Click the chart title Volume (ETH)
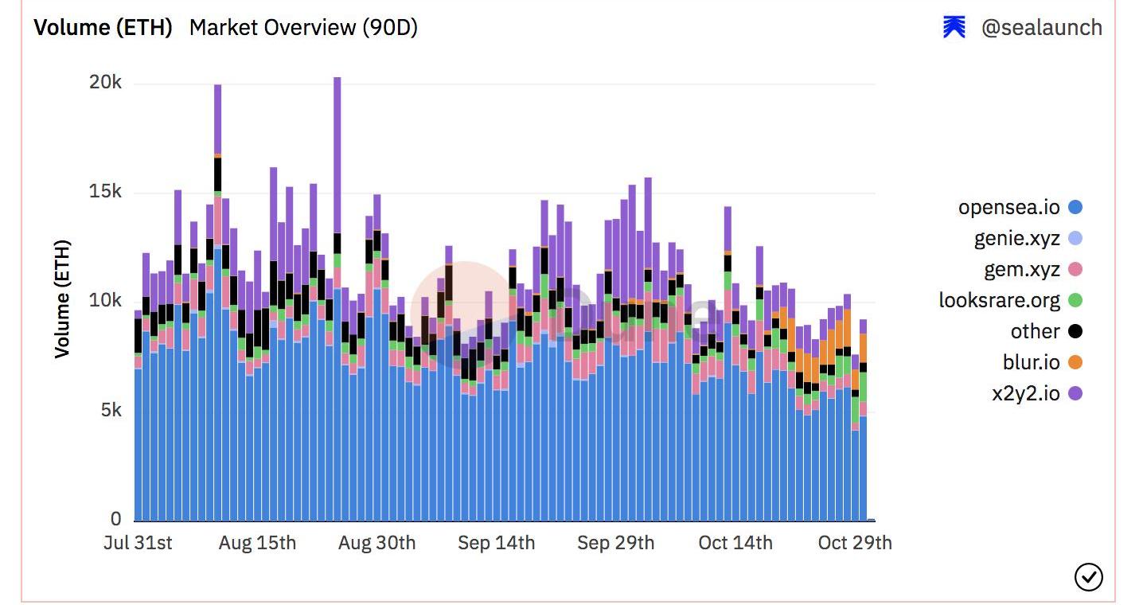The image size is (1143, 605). click(103, 28)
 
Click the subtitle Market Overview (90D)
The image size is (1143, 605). click(303, 28)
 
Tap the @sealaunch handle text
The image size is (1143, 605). click(1041, 28)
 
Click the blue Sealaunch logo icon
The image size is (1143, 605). click(954, 28)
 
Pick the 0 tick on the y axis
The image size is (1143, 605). click(116, 519)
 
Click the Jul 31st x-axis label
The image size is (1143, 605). click(138, 543)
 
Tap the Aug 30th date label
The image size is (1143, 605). click(376, 543)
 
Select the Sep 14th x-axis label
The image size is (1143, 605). click(496, 543)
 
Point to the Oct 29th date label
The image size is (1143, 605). click(855, 543)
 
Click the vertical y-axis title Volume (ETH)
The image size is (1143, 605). click(62, 299)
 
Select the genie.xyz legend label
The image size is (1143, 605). click(1016, 238)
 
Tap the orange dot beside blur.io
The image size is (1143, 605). click(1075, 363)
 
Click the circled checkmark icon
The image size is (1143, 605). click(1088, 577)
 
